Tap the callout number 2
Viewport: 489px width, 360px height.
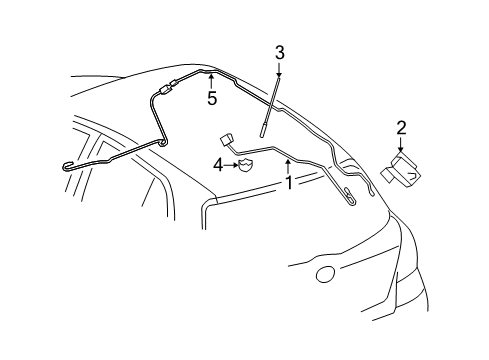402,127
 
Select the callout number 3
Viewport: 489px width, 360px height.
280,53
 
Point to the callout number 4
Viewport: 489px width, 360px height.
217,167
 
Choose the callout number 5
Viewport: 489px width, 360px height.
212,98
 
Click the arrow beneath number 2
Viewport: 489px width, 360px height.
402,144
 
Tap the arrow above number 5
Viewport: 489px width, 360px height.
212,80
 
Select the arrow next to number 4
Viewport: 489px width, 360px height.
230,167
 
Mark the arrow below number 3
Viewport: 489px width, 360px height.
280,72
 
